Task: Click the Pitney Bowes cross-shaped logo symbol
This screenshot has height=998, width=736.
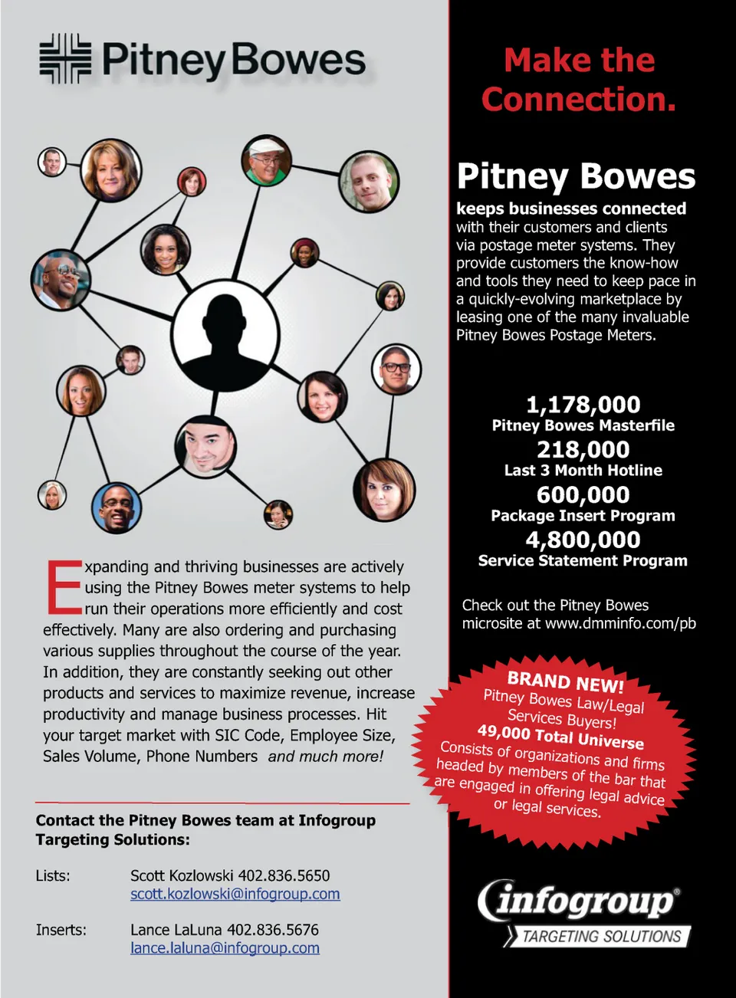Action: point(65,58)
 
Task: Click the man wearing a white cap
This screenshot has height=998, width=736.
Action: point(266,160)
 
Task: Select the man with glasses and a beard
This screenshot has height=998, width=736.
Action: point(396,369)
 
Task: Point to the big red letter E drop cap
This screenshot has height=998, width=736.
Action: point(63,587)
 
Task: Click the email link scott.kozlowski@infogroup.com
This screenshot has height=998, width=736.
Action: point(235,894)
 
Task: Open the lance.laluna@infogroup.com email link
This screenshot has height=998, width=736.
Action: point(225,948)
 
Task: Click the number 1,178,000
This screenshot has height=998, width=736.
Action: point(583,405)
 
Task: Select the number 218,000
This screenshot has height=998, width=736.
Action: point(583,450)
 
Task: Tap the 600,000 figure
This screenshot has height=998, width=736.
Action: point(583,495)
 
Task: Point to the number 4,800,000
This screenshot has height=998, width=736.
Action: point(583,540)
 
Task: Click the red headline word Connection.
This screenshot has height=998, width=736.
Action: point(578,100)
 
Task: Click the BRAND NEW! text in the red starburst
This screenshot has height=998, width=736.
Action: point(565,681)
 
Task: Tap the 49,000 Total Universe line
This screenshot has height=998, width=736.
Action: point(560,737)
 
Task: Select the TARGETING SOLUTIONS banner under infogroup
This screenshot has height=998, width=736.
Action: point(601,936)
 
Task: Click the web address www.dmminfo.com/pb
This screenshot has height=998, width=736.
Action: point(620,623)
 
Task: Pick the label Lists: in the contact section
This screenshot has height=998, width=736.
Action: point(53,875)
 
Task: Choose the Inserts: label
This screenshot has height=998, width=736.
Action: point(61,930)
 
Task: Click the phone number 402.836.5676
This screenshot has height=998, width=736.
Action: point(273,930)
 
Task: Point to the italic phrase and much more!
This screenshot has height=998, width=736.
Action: point(326,757)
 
